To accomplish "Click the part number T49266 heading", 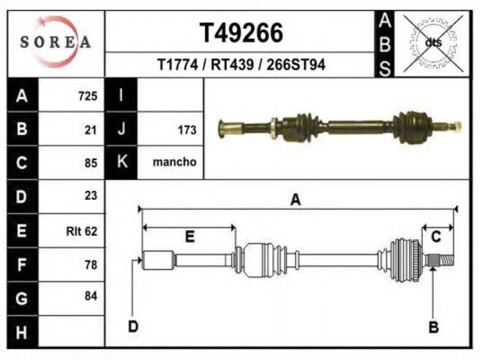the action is pos(241,33).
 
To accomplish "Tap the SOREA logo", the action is pos(56,42).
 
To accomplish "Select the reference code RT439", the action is pos(232,65).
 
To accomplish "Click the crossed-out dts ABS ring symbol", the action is pos(433,43).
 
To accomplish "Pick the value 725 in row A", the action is pos(88,96).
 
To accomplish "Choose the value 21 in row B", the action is pos(91,130).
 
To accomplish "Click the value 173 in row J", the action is pos(187,130).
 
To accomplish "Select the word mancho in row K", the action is pos(175,162).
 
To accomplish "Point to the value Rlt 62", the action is pos(82,231).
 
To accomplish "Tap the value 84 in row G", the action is pos(91,296).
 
